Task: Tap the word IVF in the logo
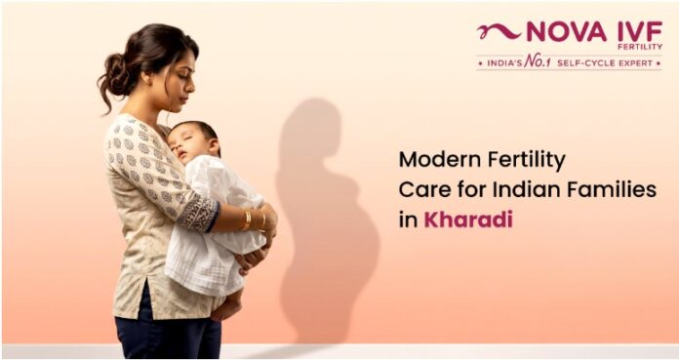[640, 31]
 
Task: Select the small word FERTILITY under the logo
[646, 47]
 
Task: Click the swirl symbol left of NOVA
[499, 31]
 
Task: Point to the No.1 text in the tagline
[537, 62]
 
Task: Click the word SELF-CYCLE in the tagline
[583, 63]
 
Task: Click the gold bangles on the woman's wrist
[254, 220]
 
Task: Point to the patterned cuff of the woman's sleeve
[199, 213]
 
